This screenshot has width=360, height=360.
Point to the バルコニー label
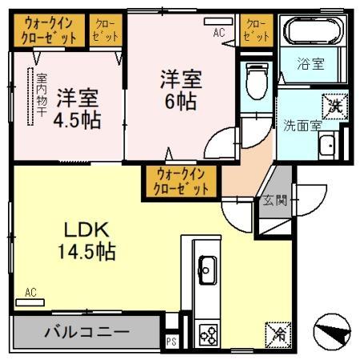click(86, 330)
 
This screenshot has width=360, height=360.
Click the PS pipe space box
click(171, 341)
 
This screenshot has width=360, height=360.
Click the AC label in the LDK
click(30, 292)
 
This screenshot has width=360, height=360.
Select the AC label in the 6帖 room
click(218, 34)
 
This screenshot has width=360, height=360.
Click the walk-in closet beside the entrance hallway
click(182, 181)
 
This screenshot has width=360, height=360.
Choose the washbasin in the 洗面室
click(326, 146)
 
